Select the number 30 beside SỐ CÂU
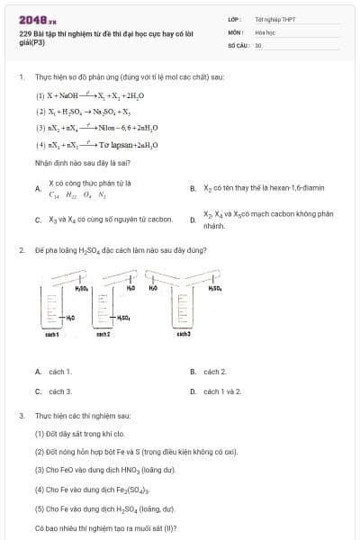pos(258,43)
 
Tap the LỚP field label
pos(235,18)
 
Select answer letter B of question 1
pos(193,188)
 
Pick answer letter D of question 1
pos(193,219)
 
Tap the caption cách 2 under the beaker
pos(103,334)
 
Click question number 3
pos(22,417)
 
